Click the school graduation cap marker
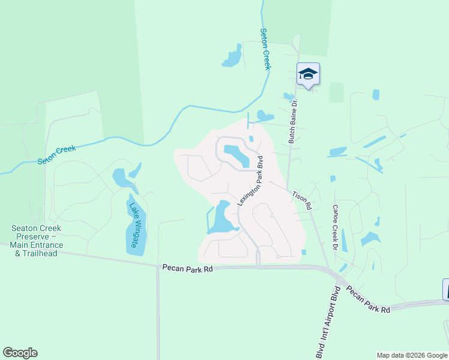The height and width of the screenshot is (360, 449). [308, 74]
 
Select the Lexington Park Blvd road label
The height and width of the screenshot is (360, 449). [251, 181]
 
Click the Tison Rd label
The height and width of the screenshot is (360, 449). [301, 200]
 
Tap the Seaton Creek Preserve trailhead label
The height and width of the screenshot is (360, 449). [36, 241]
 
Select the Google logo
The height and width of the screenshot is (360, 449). [20, 353]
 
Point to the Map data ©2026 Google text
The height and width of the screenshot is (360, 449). [412, 355]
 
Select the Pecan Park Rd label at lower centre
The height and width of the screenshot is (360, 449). [187, 269]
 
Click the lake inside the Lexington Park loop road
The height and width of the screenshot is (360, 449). [237, 155]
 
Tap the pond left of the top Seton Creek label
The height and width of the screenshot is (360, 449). [232, 58]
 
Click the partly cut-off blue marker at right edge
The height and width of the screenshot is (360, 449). [445, 289]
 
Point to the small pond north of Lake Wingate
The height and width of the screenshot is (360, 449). [121, 177]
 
